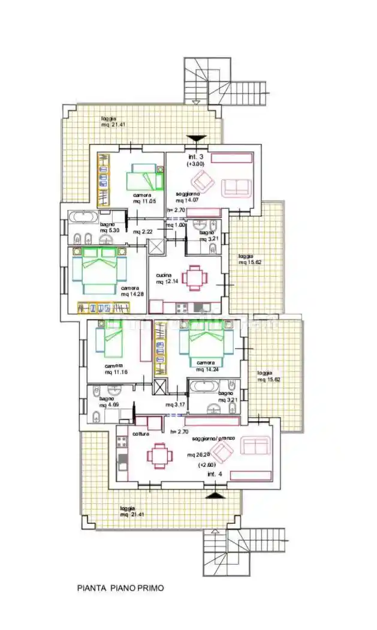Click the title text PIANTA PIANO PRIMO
120,588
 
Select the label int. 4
214,475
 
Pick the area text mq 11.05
144,201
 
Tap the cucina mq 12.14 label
168,278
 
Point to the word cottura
141,434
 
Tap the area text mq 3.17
174,404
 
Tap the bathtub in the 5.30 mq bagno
83,217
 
